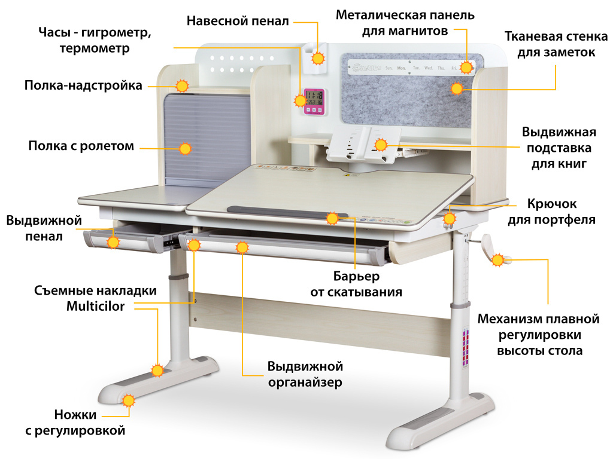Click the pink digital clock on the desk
tap(314, 101)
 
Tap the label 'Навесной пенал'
tap(238, 21)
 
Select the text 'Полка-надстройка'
tap(83, 85)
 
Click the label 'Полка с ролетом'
tap(81, 146)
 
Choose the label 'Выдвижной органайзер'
tap(305, 374)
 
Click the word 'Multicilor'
tap(96, 307)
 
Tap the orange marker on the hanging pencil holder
tap(318, 59)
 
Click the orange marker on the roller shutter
tap(186, 149)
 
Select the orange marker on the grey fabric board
tap(457, 89)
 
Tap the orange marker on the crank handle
tap(498, 259)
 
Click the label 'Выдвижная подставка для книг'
tap(559, 147)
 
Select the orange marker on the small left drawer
tap(113, 242)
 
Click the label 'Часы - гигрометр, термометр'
tap(95, 40)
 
